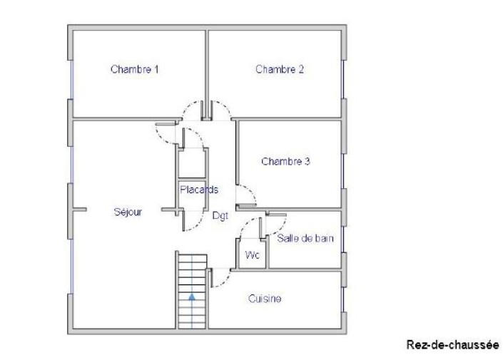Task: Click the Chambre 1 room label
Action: (134, 69)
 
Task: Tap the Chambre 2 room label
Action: (280, 69)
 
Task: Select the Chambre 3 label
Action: (285, 161)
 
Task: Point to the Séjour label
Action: (128, 212)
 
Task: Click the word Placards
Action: (198, 190)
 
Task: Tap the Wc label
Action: (251, 254)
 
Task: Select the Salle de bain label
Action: (305, 239)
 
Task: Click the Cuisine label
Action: (265, 299)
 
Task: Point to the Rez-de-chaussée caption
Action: (452, 344)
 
